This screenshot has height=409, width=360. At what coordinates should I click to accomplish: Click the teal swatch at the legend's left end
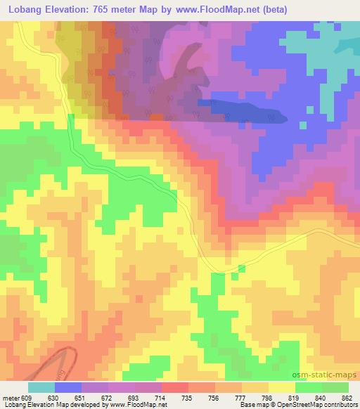41,387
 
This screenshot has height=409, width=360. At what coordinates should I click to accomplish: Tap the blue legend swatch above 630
67,387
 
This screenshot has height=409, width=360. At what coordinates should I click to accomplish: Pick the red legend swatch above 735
174,387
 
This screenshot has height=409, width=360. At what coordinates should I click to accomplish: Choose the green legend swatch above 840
309,387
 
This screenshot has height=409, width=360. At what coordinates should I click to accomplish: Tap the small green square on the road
242,268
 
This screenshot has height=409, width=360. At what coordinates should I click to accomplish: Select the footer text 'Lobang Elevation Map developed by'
44,405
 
